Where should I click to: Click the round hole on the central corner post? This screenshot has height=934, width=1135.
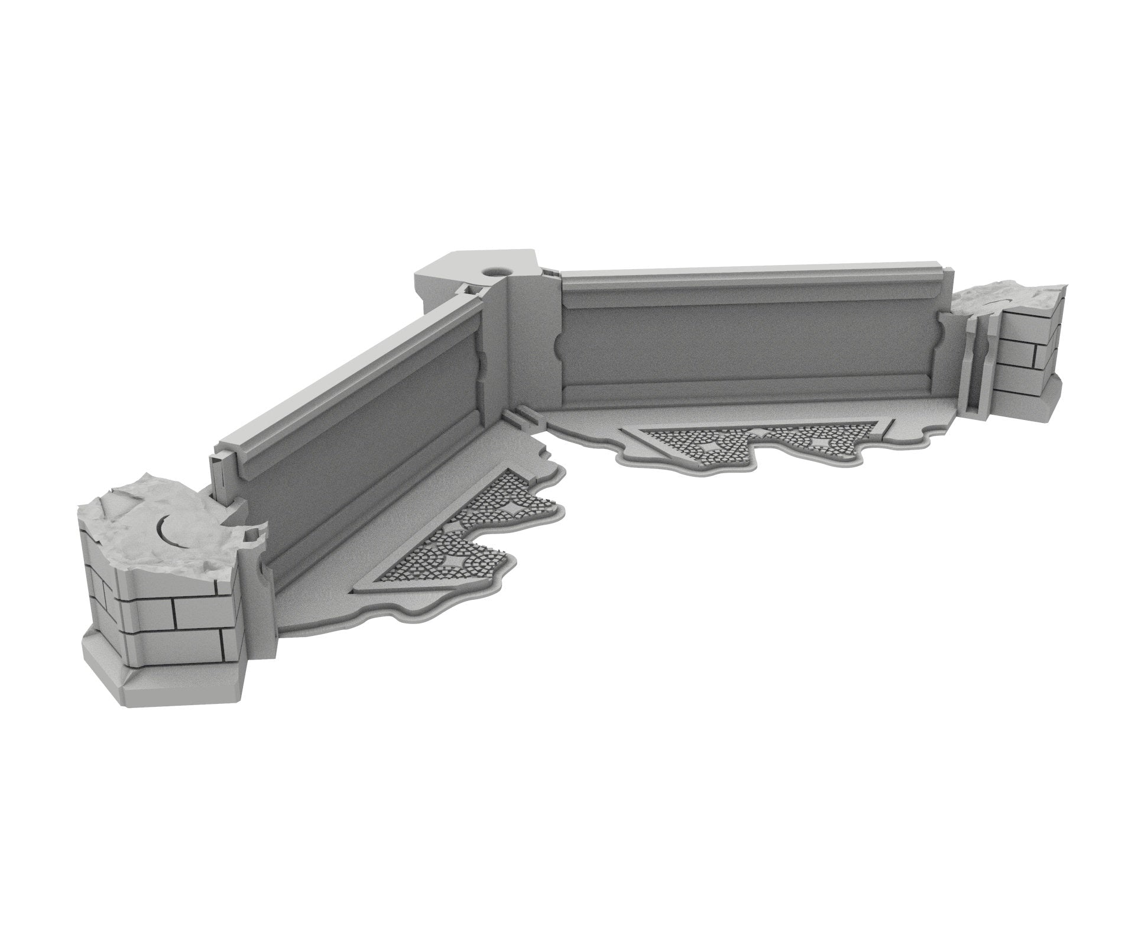coord(492,272)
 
